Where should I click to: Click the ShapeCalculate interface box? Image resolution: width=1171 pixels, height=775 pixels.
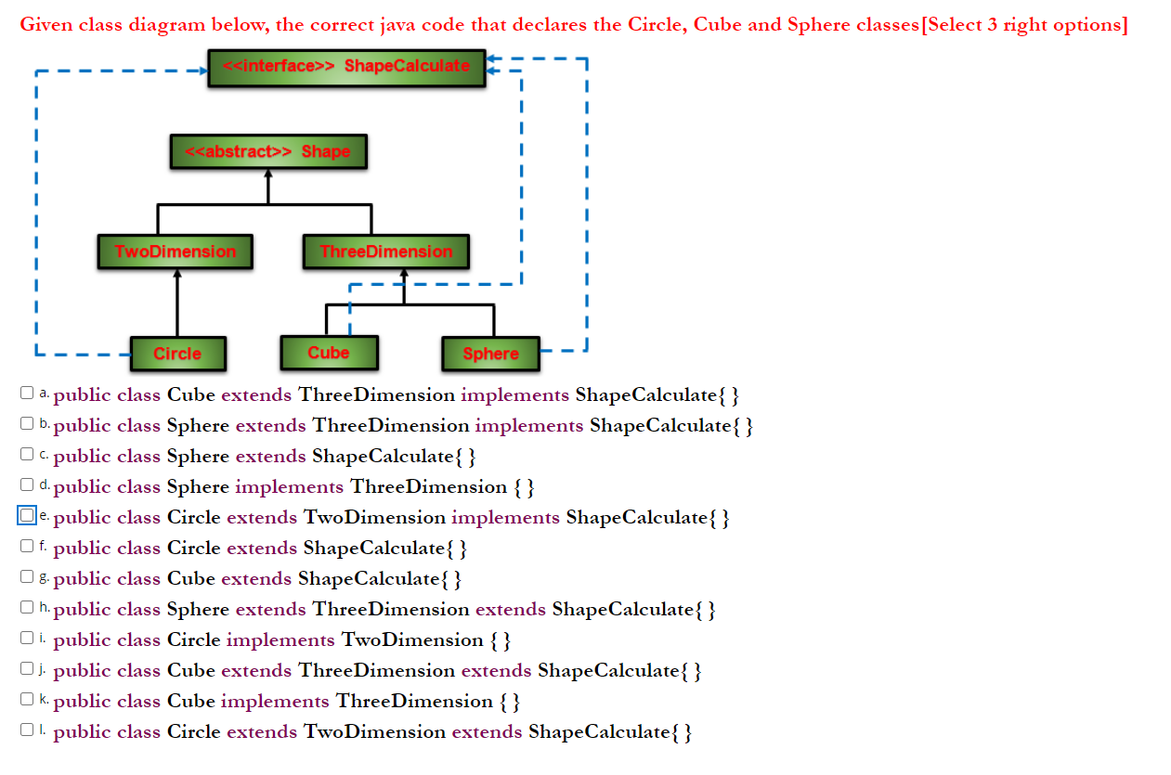click(x=346, y=68)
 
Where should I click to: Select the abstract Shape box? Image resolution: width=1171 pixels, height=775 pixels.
click(x=268, y=151)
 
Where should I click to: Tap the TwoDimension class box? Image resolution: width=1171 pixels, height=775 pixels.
click(x=175, y=252)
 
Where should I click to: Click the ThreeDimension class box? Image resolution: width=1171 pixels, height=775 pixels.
click(x=385, y=252)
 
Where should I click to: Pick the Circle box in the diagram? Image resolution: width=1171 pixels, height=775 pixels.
click(x=177, y=354)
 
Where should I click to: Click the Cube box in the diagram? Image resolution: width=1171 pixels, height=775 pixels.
click(x=329, y=353)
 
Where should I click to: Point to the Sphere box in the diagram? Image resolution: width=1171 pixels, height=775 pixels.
click(x=489, y=354)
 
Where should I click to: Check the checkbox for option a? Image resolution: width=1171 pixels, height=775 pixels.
click(x=27, y=394)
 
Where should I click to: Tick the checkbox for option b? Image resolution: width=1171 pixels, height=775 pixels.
click(x=27, y=424)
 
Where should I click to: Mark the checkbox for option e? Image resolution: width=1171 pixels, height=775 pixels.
click(x=27, y=515)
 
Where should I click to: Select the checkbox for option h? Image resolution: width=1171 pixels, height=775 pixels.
click(x=27, y=608)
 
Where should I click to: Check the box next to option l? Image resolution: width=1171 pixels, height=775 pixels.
click(x=27, y=730)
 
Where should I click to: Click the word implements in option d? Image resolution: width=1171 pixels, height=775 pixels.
click(x=289, y=487)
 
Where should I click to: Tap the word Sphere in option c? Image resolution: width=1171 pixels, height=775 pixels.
click(x=197, y=457)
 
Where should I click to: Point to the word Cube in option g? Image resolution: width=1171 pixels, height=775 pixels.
click(x=190, y=579)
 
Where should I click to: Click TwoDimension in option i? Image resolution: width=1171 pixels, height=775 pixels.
click(x=412, y=640)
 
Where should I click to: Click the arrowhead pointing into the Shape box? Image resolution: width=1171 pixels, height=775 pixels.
click(x=268, y=175)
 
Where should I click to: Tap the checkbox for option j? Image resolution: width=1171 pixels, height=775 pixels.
click(x=27, y=669)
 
